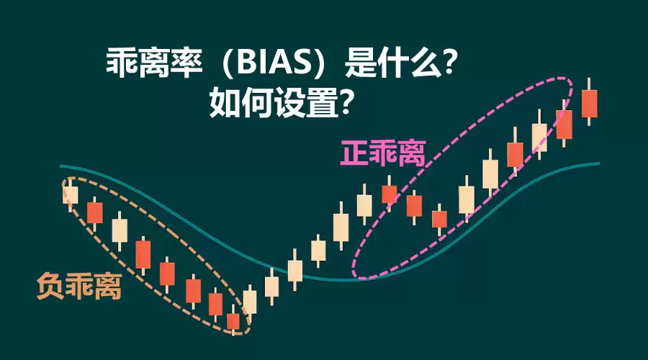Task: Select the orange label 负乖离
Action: click(78, 287)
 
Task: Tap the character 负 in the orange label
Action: click(50, 287)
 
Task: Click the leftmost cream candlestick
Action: click(70, 193)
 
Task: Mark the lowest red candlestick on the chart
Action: click(233, 321)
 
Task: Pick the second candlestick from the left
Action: click(95, 212)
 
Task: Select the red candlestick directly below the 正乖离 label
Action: click(390, 193)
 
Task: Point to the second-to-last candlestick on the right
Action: click(564, 124)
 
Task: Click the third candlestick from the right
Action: click(539, 138)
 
